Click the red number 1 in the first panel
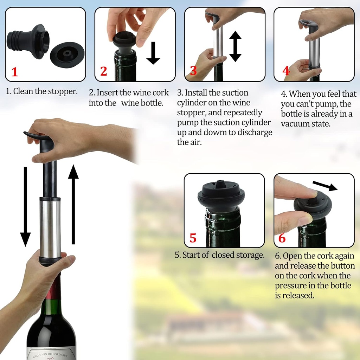click(x=14, y=72)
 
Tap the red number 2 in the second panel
click(x=103, y=71)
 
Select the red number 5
click(x=193, y=238)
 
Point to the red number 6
click(x=282, y=238)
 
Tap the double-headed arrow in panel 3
click(x=235, y=46)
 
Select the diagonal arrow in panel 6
click(x=324, y=186)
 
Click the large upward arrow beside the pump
click(x=73, y=204)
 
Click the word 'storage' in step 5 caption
click(x=250, y=255)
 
